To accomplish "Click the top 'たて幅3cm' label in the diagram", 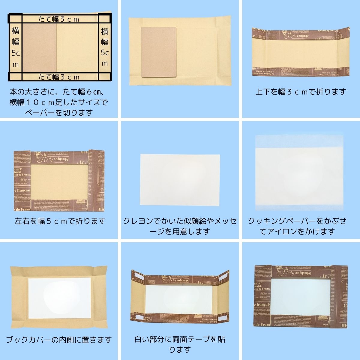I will (x=59, y=19).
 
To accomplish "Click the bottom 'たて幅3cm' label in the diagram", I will (x=59, y=77).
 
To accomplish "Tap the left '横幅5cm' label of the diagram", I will (x=16, y=47).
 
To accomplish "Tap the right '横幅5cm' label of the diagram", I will (x=105, y=47).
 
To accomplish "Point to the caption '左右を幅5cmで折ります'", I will (x=60, y=221).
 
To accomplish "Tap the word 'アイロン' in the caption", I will (x=285, y=231).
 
